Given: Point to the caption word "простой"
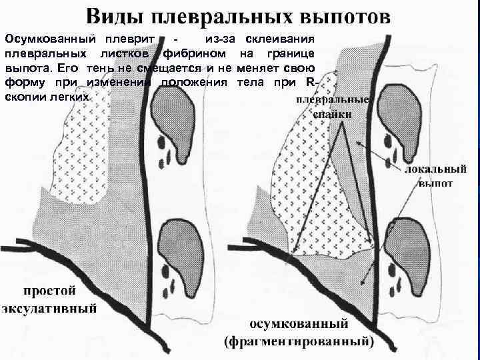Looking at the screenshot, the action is [x=51, y=291].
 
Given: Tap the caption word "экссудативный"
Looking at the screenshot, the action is [x=51, y=308].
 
